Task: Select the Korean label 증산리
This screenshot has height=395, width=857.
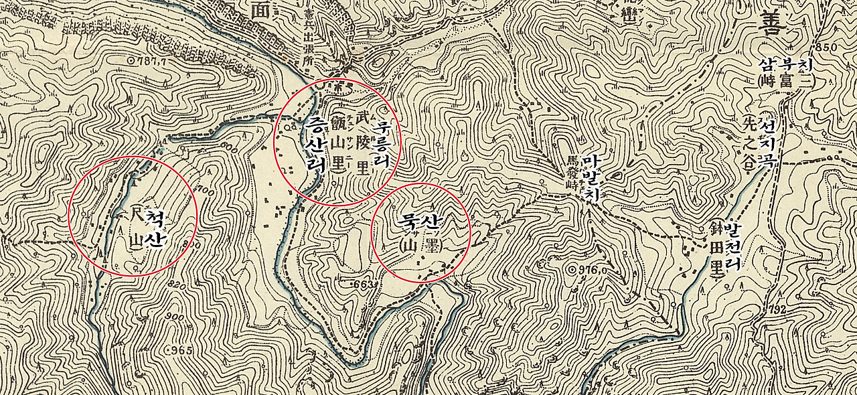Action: point(314,145)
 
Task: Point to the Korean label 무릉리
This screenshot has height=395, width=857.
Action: point(382,143)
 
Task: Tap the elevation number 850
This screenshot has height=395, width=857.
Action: point(826,48)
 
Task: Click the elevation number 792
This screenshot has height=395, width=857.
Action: point(777,309)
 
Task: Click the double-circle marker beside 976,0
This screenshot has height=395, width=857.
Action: point(572,270)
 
